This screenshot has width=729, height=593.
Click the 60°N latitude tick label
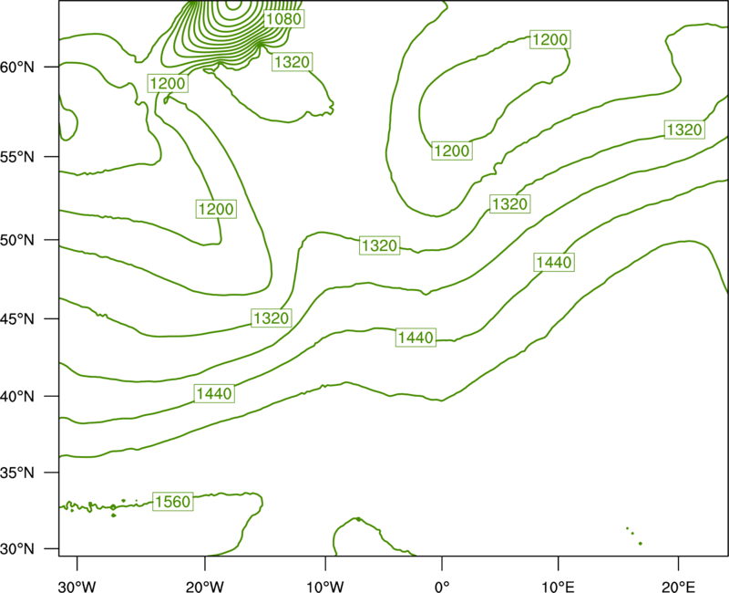[x=17, y=68]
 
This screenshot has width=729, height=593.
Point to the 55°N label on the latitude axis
[x=17, y=157]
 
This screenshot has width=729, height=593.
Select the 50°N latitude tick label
[x=17, y=240]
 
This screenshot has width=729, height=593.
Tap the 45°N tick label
[x=17, y=318]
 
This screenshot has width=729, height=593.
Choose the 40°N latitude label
[x=17, y=397]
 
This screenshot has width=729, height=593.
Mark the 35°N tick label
[x=17, y=473]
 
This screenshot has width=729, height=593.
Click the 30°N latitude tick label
[x=17, y=549]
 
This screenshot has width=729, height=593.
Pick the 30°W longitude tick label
[x=77, y=587]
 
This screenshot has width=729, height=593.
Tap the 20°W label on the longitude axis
[x=204, y=587]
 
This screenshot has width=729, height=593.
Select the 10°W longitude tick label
[x=325, y=587]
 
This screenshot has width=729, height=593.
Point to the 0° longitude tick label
[x=442, y=587]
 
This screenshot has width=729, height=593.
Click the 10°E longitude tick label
[x=558, y=587]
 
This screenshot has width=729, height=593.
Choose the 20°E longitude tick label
[x=678, y=587]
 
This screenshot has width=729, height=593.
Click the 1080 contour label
[x=283, y=18]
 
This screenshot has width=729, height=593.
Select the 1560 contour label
[x=173, y=502]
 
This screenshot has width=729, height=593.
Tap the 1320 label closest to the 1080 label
[x=292, y=62]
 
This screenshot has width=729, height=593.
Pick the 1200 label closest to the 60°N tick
[x=168, y=84]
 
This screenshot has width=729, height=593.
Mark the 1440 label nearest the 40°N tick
[x=214, y=394]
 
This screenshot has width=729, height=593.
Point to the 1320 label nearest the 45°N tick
[x=272, y=318]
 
